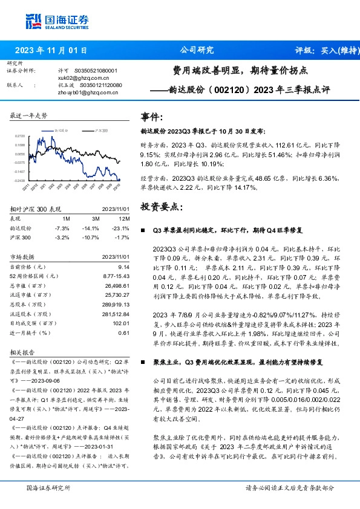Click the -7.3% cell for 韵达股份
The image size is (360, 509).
coord(62,229)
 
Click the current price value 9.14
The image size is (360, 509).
coord(123,267)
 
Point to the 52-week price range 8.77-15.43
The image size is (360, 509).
coord(116,276)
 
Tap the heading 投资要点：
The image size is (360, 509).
coord(161,206)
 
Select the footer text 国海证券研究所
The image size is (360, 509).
coord(49,487)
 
